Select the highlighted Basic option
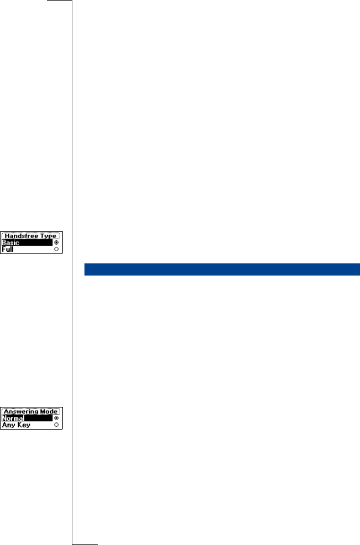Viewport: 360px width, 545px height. (10, 243)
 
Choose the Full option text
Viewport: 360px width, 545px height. (7, 250)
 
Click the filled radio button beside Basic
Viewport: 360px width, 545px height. (57, 243)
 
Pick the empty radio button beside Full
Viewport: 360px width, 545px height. (57, 250)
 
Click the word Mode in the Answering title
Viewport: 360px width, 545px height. (50, 411)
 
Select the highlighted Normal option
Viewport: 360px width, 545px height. (13, 419)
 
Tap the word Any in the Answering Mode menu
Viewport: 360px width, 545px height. (8, 425)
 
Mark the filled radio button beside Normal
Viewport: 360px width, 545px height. (57, 419)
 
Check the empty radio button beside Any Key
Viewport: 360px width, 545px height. (57, 425)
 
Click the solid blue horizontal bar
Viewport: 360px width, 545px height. (221, 269)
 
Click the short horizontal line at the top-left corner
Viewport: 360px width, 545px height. (60, 1)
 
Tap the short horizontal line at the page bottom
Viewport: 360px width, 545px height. (84, 543)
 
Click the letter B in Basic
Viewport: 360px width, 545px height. (4, 243)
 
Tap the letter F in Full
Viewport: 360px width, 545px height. (4, 250)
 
